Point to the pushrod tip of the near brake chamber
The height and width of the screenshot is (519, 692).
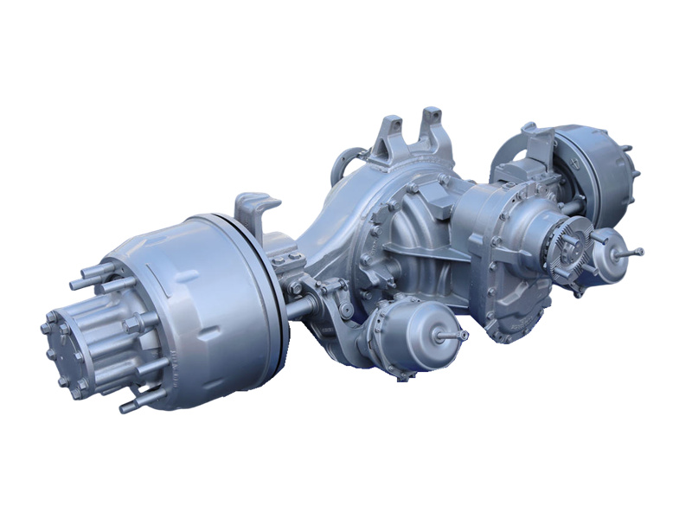(x=464, y=335)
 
